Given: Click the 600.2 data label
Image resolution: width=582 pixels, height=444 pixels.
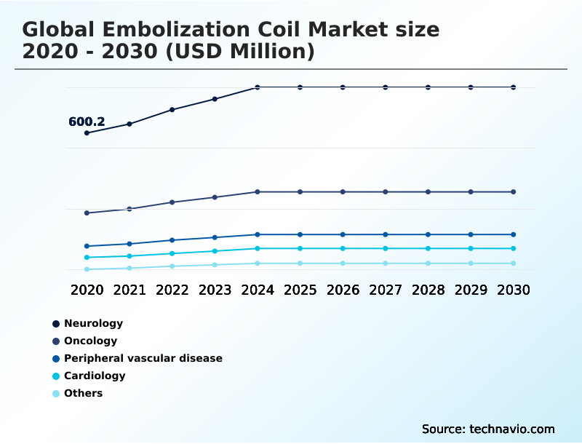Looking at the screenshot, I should tap(87, 122).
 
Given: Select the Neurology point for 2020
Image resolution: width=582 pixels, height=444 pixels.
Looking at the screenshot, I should tap(87, 133).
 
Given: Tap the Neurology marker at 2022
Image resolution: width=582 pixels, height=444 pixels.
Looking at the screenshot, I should tap(172, 110).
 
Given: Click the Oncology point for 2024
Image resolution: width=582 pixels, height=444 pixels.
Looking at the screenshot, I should tap(258, 192).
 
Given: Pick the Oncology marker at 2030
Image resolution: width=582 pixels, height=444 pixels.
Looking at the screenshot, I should tap(514, 192).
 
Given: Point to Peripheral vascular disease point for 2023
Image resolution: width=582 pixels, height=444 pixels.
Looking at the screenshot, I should tap(215, 237).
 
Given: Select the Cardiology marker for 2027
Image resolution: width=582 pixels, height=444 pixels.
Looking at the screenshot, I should tap(386, 249).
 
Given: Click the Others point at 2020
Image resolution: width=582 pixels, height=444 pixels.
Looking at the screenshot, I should tap(87, 269).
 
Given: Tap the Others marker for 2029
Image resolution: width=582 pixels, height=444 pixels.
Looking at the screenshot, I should tap(471, 263).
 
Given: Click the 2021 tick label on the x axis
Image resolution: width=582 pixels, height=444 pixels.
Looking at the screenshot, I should tap(129, 290).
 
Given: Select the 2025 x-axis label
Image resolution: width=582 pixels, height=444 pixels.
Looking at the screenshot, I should tap(300, 290).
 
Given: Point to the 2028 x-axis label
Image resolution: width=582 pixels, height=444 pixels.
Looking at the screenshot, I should tap(428, 290).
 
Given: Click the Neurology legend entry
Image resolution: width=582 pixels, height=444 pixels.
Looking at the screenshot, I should tap(93, 323).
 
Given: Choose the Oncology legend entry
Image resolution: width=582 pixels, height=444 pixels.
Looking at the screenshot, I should tap(90, 341).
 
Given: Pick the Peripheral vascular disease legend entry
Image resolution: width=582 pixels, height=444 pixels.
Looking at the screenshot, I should tap(143, 358).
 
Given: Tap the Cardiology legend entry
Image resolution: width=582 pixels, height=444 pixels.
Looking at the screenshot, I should tap(95, 376).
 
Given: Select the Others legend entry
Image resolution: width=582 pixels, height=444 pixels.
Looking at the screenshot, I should tap(83, 393).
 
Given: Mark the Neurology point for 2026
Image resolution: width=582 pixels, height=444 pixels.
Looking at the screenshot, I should tap(343, 87).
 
